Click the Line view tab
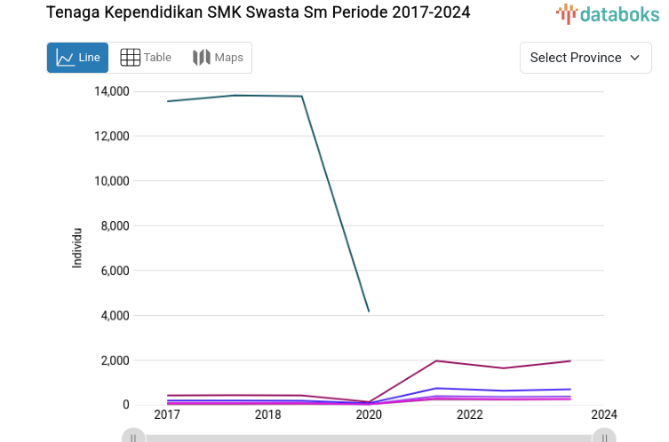(77, 58)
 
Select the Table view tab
(146, 58)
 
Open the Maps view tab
(218, 58)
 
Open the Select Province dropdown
(585, 58)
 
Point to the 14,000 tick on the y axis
(111, 91)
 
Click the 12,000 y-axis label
(111, 136)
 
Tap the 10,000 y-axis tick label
(111, 181)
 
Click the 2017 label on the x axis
(167, 414)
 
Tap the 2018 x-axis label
(267, 414)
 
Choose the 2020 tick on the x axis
(369, 414)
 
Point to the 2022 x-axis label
(469, 414)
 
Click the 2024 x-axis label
(603, 414)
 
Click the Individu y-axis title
(77, 248)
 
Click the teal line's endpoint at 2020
(369, 312)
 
